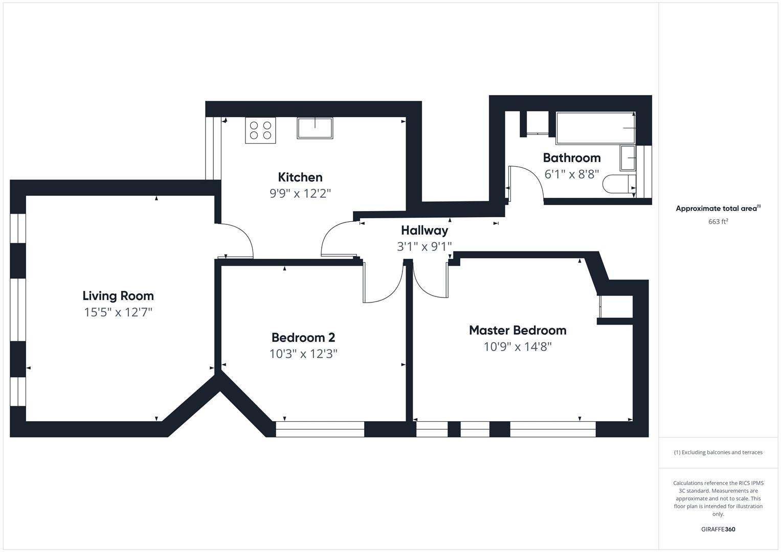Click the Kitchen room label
tap(300, 177)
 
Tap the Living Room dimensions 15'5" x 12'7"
tap(118, 312)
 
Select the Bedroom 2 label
tap(303, 337)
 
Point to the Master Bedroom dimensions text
tap(518, 347)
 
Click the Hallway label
tap(425, 231)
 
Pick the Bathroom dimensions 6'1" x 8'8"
tap(572, 174)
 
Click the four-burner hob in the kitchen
tap(260, 130)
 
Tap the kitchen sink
tap(315, 128)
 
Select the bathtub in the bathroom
tap(595, 128)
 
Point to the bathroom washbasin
tap(628, 158)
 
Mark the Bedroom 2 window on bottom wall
tap(320, 429)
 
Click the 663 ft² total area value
tap(718, 222)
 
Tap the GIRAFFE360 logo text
tap(718, 529)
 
